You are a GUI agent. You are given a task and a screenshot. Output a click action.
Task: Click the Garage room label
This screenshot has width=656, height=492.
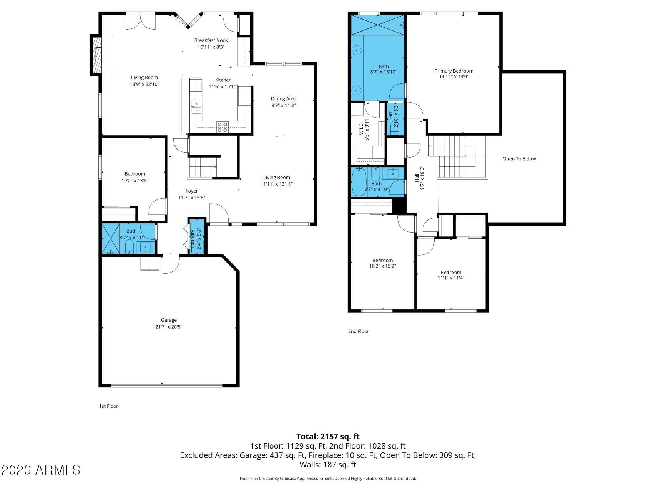169,320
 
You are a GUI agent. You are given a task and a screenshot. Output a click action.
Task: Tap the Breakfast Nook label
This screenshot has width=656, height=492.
211,40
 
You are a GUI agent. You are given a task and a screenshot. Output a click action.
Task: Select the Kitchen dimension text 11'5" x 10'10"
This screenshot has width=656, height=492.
223,87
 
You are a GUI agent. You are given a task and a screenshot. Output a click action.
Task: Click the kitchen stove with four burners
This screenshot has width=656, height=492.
222,127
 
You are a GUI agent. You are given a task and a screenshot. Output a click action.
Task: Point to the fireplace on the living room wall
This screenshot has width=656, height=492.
101,55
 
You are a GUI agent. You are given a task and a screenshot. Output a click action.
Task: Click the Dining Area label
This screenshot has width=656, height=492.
284,99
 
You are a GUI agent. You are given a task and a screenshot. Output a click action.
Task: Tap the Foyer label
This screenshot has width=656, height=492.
192,191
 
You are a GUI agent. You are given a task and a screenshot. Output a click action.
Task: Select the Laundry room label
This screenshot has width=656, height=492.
193,239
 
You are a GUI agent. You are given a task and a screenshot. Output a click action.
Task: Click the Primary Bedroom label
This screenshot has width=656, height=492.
454,71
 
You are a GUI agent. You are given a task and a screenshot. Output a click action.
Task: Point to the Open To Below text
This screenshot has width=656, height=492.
519,159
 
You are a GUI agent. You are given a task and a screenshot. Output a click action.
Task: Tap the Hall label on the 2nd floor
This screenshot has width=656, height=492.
417,178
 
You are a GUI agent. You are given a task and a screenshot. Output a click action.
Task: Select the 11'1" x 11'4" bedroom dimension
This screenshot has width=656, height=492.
451,278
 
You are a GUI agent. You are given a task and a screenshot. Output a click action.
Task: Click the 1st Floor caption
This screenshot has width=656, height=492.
109,406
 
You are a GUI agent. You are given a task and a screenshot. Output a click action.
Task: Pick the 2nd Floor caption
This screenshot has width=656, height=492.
359,331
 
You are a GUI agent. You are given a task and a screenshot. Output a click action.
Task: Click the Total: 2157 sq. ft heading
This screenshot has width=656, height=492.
328,437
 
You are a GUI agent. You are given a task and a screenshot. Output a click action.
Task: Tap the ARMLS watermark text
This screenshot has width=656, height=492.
41,470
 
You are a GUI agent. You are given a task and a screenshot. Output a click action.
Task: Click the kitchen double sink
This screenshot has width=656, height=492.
196,107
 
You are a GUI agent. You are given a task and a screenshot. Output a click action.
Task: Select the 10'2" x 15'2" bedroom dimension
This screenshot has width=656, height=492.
383,266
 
